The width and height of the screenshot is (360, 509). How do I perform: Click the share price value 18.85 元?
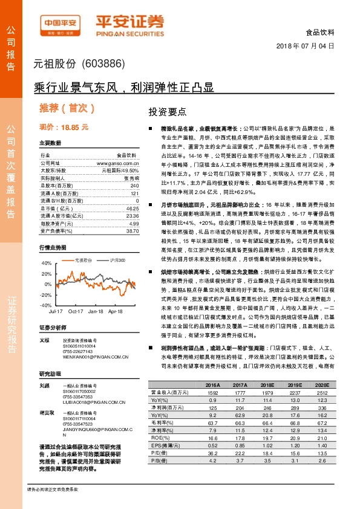pyautogui.click(x=72, y=128)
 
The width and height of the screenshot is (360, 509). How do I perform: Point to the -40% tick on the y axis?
pyautogui.click(x=46, y=305)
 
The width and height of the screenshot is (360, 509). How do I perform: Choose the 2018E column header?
pyautogui.click(x=267, y=384)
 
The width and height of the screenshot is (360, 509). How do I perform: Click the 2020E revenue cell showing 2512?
pyautogui.click(x=322, y=392)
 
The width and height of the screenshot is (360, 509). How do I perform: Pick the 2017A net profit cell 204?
pyautogui.click(x=240, y=408)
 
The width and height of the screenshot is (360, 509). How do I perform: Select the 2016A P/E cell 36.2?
pyautogui.click(x=212, y=453)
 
